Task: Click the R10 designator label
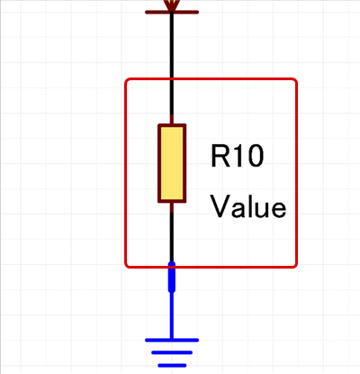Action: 238,156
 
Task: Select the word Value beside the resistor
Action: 248,206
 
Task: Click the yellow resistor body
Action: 172,163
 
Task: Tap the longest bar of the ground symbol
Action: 172,340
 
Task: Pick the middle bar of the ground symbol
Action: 172,352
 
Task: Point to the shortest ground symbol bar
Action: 172,365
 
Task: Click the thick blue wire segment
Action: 172,277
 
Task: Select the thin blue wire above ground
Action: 172,315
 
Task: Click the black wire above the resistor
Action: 172,64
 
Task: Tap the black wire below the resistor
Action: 172,237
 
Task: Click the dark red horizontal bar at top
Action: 172,13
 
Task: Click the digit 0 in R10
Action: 256,156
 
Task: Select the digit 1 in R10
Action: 238,156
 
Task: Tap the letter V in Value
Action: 220,206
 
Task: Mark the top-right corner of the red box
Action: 296,79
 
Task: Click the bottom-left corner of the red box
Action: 126,267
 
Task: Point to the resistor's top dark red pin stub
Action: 172,120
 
